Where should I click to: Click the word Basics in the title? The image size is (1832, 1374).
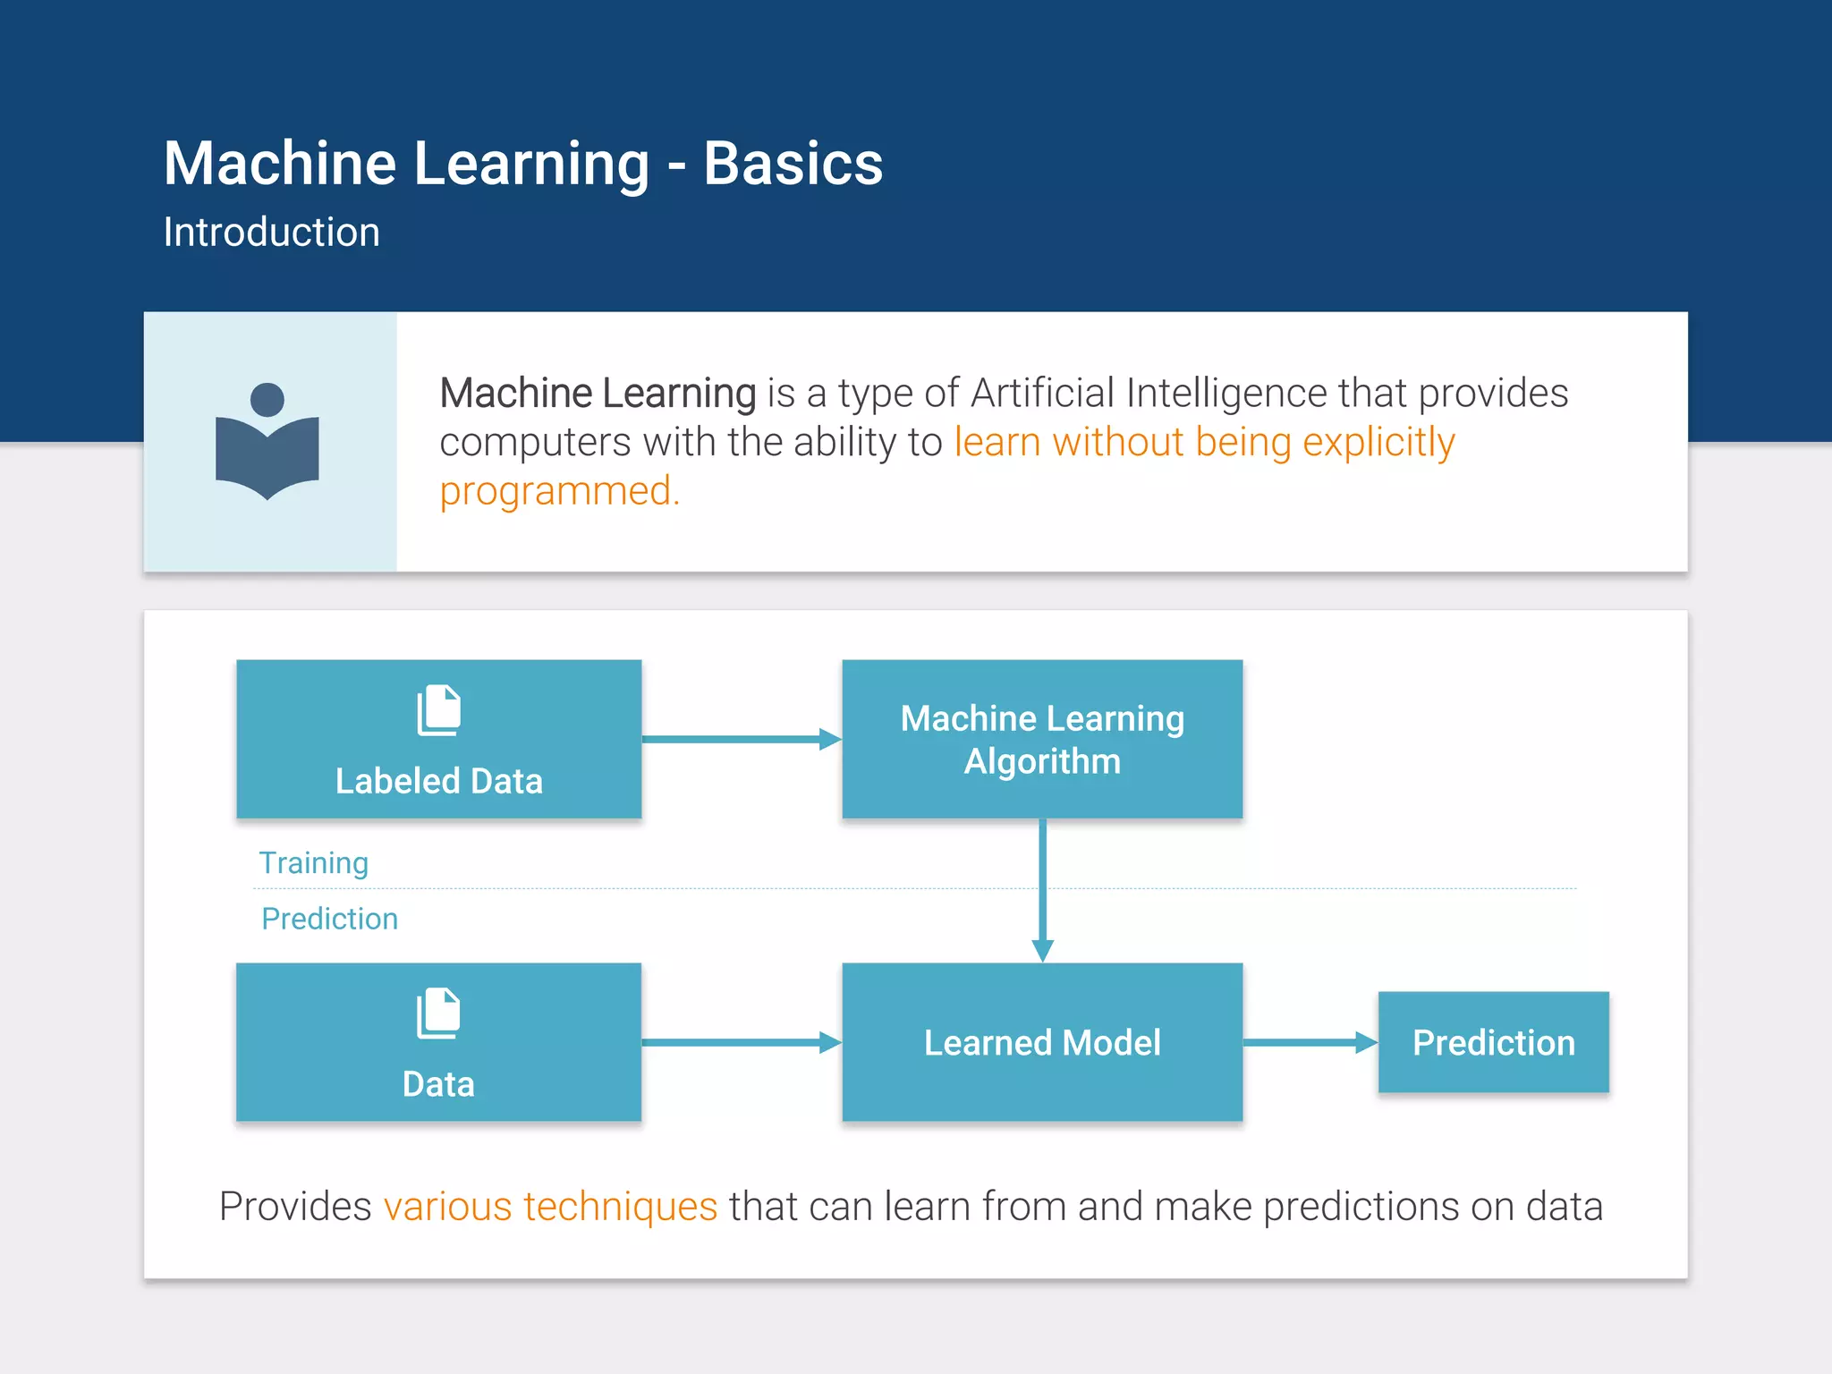click(793, 164)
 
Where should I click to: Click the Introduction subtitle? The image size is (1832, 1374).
click(271, 233)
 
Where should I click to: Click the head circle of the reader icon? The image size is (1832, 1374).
click(267, 399)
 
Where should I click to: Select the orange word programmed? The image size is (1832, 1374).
click(559, 491)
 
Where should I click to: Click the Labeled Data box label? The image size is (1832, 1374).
click(438, 781)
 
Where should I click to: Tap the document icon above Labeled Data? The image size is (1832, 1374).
click(438, 710)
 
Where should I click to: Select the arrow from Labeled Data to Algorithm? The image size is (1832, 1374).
click(741, 739)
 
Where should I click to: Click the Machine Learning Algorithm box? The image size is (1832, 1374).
click(1042, 739)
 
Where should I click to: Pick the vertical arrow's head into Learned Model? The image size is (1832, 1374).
click(1042, 950)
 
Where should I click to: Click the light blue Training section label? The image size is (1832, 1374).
click(313, 863)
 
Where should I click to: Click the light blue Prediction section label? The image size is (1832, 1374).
click(329, 919)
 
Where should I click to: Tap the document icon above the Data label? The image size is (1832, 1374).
click(438, 1014)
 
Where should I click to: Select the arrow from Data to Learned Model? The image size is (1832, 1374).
click(741, 1042)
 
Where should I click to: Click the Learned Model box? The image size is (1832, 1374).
click(1042, 1042)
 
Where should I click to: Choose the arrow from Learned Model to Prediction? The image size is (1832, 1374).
click(1309, 1042)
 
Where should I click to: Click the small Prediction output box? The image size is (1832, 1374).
click(1493, 1042)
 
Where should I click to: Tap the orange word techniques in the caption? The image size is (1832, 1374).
click(620, 1207)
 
